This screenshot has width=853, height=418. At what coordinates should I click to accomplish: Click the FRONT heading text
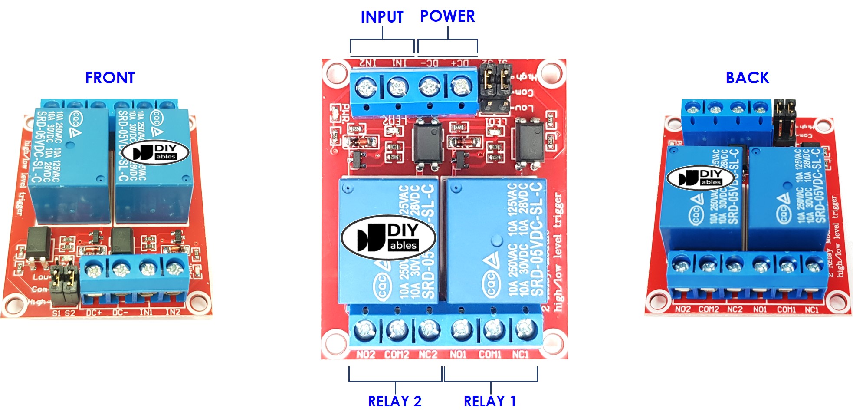(110, 78)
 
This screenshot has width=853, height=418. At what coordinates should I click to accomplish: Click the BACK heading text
(747, 78)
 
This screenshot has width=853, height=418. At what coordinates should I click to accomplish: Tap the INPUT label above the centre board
(382, 17)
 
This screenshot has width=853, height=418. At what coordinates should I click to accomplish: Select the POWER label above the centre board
(447, 16)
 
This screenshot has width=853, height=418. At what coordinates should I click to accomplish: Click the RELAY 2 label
(394, 401)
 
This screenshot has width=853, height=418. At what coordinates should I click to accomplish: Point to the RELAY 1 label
(489, 401)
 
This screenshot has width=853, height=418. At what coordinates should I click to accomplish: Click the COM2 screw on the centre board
(397, 330)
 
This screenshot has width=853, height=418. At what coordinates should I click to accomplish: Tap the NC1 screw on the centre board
(525, 330)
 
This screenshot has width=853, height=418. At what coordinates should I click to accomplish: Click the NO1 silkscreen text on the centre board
(458, 355)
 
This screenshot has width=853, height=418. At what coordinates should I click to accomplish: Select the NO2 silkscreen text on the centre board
(366, 355)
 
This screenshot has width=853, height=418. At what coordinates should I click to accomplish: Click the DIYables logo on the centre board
(388, 237)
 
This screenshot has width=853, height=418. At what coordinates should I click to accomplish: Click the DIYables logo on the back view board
(700, 178)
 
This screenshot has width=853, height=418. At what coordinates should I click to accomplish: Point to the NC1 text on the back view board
(812, 309)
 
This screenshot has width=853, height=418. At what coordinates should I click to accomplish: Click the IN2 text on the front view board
(172, 312)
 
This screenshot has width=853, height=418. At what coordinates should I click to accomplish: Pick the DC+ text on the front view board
(94, 313)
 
